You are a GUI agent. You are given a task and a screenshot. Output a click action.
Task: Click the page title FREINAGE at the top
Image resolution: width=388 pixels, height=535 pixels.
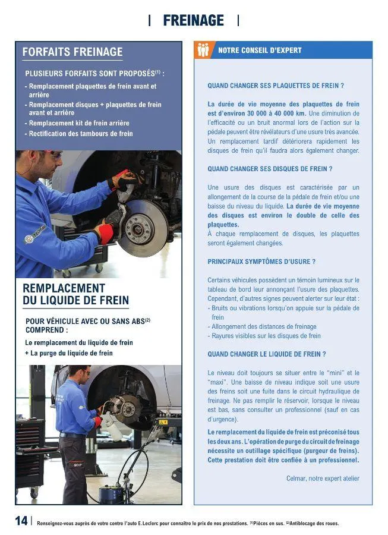pos(193,21)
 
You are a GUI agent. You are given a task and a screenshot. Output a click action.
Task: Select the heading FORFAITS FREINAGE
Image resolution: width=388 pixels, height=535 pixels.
pos(72,52)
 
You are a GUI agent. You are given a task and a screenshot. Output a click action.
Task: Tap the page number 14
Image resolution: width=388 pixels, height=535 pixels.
pos(21,521)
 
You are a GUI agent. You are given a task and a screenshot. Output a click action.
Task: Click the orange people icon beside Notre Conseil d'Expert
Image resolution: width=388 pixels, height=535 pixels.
pos(203,51)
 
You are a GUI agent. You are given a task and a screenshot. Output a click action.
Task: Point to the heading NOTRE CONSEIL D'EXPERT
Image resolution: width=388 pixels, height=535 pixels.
pos(260,51)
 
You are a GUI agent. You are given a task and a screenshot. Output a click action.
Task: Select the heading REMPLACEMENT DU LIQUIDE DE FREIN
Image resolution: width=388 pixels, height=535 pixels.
pos(75,294)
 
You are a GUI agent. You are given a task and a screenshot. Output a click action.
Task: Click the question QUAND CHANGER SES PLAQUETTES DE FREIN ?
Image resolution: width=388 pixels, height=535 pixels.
pos(276,86)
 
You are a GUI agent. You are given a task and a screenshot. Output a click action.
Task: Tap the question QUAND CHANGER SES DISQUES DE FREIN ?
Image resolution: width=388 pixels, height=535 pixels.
pos(269,169)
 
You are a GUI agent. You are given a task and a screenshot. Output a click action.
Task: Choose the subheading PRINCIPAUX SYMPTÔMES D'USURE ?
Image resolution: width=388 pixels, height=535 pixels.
pos(261,262)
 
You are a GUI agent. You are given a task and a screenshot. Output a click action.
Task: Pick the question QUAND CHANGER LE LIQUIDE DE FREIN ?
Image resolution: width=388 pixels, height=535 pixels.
pos(266,354)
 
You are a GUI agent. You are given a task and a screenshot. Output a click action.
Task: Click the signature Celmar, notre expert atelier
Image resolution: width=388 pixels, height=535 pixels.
pos(323,479)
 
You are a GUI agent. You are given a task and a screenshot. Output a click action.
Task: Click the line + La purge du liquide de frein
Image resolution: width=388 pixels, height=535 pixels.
pos(69,353)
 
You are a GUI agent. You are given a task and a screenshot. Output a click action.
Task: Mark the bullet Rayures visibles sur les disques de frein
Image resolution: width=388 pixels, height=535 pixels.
pos(266,336)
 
